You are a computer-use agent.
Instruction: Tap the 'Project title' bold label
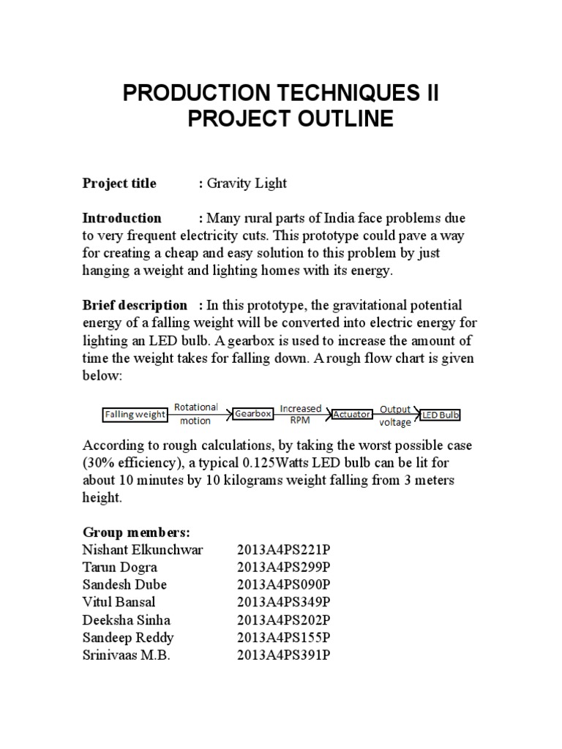click(119, 184)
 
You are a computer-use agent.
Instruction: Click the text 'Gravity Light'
click(247, 184)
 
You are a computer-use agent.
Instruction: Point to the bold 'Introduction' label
click(122, 218)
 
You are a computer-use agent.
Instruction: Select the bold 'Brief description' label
click(135, 305)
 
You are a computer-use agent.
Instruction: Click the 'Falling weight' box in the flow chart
click(134, 414)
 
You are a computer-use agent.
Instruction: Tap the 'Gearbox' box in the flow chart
click(253, 414)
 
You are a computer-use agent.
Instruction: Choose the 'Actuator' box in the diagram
click(351, 414)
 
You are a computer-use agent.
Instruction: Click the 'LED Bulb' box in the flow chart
click(441, 415)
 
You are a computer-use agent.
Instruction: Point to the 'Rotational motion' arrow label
click(195, 414)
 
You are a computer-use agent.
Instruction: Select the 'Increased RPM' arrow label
click(301, 414)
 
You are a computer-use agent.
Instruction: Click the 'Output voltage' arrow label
click(395, 415)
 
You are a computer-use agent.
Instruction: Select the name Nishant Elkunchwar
click(143, 550)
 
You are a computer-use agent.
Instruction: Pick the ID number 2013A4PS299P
click(284, 568)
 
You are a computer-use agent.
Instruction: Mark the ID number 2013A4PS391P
click(284, 655)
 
